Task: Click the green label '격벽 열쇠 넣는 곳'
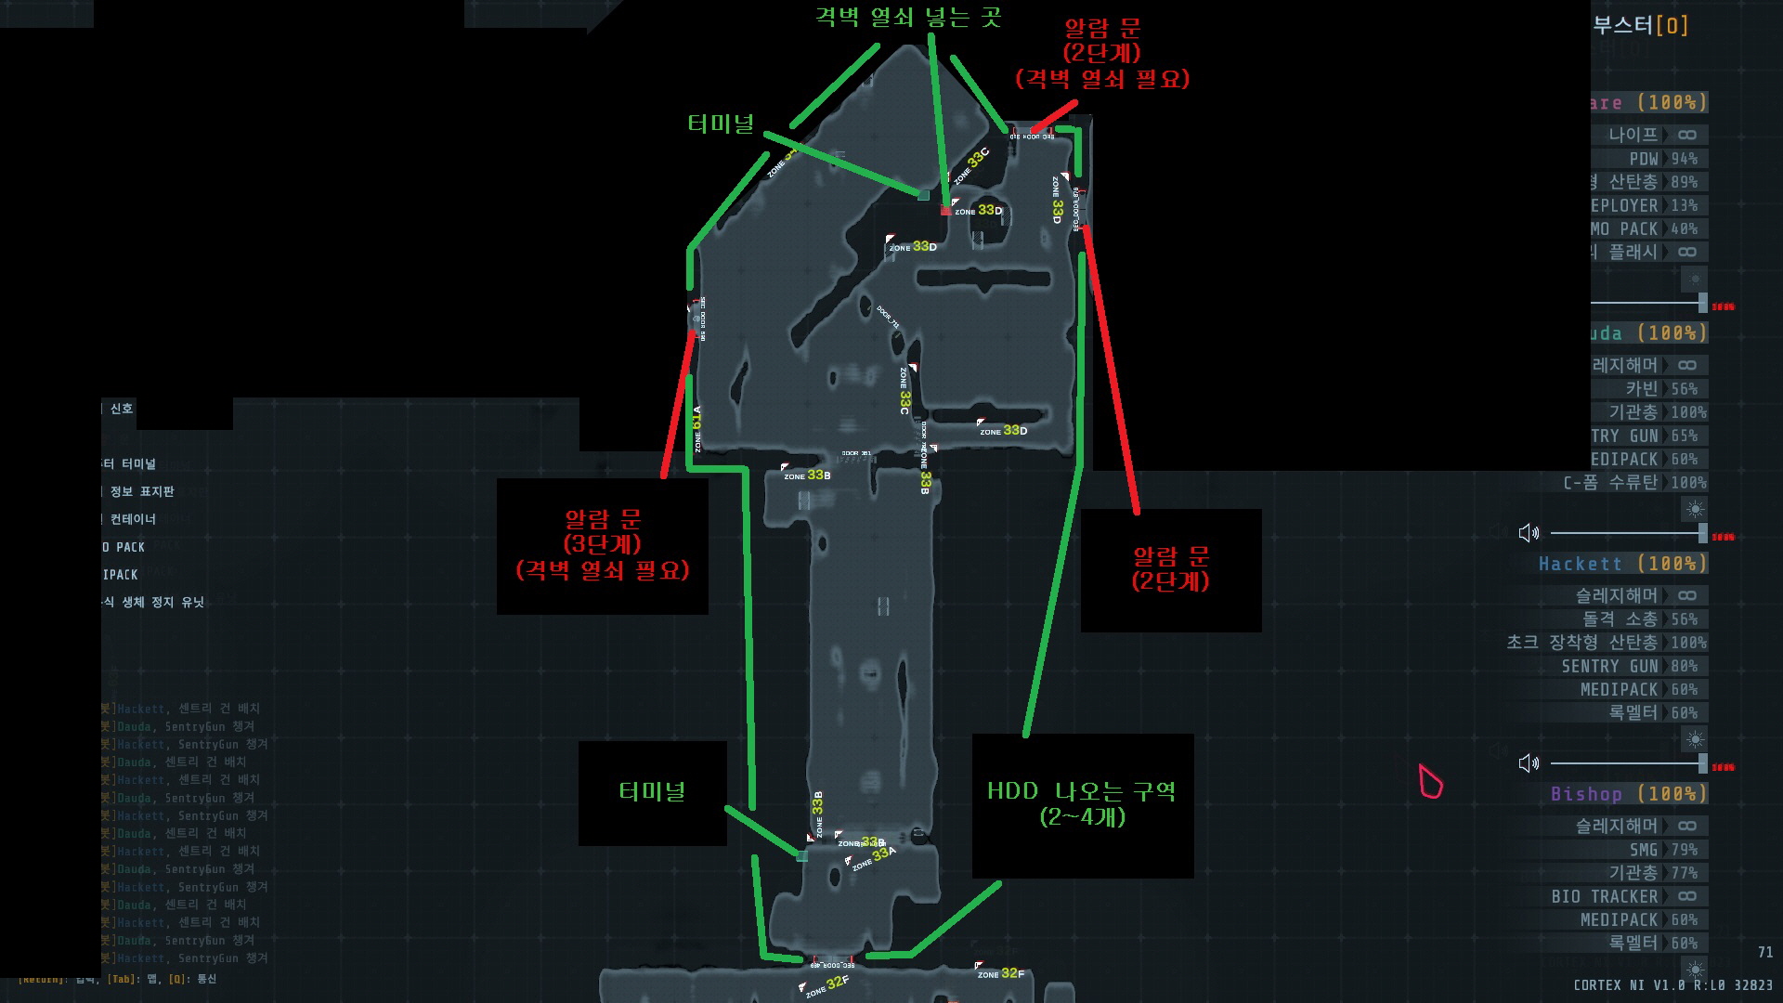907,17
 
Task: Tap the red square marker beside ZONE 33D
946,211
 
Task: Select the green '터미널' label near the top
722,124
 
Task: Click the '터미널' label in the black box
652,791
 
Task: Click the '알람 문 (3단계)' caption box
603,544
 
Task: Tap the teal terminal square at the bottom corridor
802,855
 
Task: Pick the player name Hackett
1581,564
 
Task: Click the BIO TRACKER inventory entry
1604,896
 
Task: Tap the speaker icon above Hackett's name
1528,532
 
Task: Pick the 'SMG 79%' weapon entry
1662,850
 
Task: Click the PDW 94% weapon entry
1662,159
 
